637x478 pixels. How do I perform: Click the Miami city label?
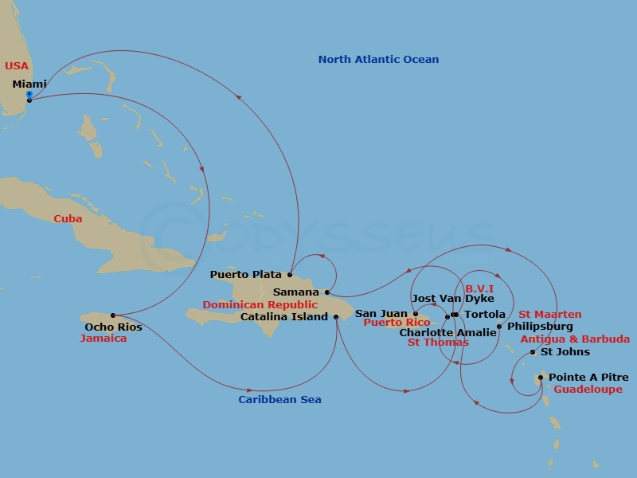tap(29, 84)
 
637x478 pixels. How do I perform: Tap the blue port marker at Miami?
tap(29, 94)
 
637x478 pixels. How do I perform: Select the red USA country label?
tap(17, 65)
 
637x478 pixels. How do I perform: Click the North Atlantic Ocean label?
tap(378, 60)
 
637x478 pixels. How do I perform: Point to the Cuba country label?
tap(68, 219)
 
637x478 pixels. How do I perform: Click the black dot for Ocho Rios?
tap(113, 315)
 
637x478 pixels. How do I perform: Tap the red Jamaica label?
tap(104, 339)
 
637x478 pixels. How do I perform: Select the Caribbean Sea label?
tap(279, 400)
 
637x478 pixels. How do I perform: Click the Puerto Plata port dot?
tap(290, 276)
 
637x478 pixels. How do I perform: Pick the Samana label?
tap(295, 292)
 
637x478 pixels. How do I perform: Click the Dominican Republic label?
tap(260, 305)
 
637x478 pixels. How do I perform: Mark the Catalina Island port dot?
tap(336, 317)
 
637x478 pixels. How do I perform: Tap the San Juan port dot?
tap(416, 314)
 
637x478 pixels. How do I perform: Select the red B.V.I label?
tap(480, 288)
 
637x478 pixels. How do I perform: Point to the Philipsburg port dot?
tap(499, 327)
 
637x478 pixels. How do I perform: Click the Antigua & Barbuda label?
tap(575, 339)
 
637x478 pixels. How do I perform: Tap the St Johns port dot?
tap(533, 352)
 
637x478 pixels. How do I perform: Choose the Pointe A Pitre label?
tap(588, 378)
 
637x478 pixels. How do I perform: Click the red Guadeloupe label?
tap(588, 390)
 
